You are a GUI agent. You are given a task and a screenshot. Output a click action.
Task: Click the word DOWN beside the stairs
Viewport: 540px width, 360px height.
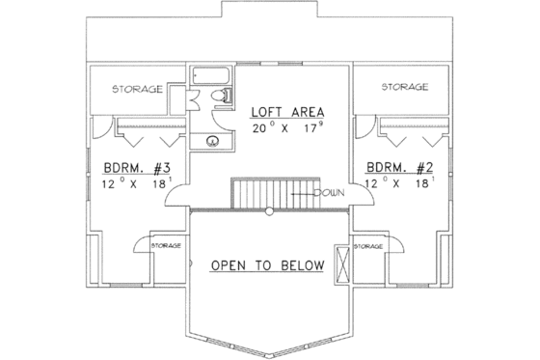coord(330,191)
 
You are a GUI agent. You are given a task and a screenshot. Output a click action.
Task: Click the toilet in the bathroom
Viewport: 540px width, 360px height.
coord(224,95)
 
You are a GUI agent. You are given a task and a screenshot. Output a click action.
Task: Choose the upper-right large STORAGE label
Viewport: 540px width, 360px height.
coord(405,88)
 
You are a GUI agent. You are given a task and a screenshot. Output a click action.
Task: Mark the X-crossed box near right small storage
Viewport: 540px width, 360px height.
coord(341,263)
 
